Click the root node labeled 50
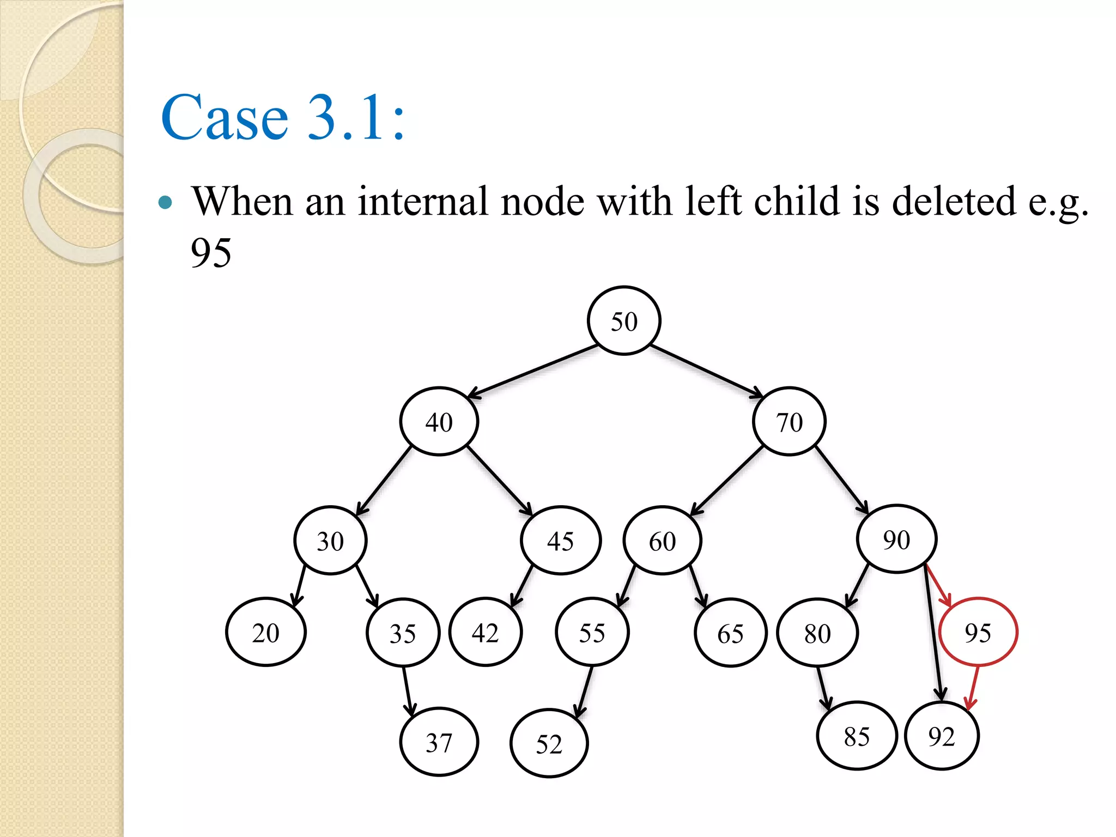pyautogui.click(x=624, y=321)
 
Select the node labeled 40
pyautogui.click(x=439, y=422)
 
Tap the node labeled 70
pyautogui.click(x=789, y=422)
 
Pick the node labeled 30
pyautogui.click(x=330, y=541)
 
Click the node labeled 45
pyautogui.click(x=560, y=541)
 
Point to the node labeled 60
pyautogui.click(x=662, y=541)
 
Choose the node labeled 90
pyautogui.click(x=896, y=539)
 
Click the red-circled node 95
pyautogui.click(x=978, y=632)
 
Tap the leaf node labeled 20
pyautogui.click(x=266, y=632)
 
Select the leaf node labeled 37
pyautogui.click(x=439, y=742)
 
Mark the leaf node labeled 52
pyautogui.click(x=549, y=743)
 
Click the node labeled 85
pyautogui.click(x=856, y=736)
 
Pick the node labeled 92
pyautogui.click(x=942, y=736)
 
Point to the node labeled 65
pyautogui.click(x=730, y=633)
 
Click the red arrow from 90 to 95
pyautogui.click(x=938, y=585)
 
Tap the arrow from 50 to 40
pyautogui.click(x=533, y=371)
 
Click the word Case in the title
pyautogui.click(x=225, y=117)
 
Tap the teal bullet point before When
pyautogui.click(x=165, y=203)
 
